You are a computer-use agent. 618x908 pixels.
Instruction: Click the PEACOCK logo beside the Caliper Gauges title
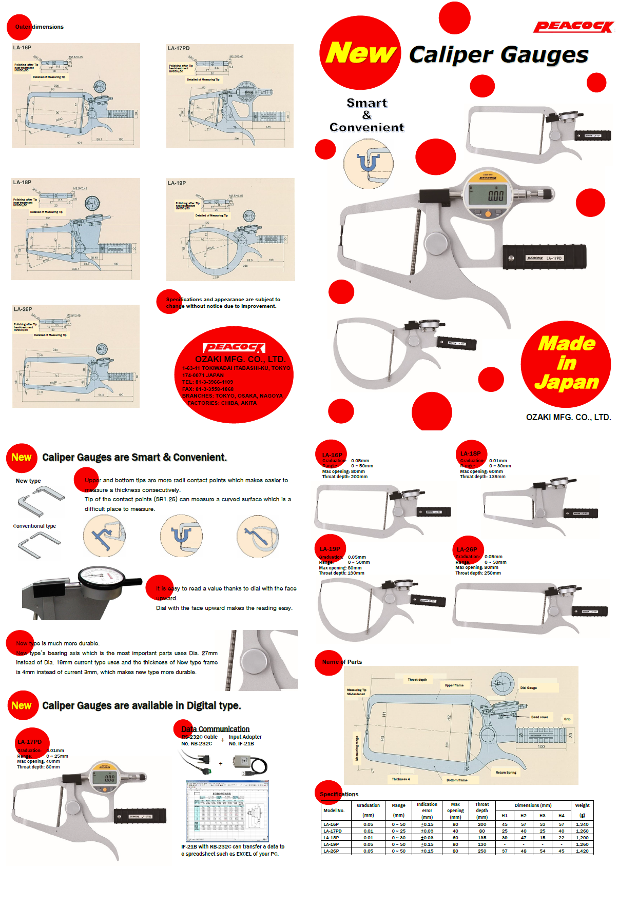tap(573, 27)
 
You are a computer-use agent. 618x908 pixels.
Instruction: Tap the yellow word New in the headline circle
tap(361, 53)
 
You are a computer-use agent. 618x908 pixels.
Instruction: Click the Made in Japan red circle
tap(566, 364)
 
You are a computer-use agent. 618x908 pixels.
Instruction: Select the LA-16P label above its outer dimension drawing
tap(22, 48)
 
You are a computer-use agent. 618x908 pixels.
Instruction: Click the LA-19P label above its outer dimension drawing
tap(177, 183)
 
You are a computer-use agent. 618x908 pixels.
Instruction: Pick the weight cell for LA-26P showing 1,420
tap(582, 851)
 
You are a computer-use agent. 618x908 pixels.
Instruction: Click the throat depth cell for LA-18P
tap(481, 838)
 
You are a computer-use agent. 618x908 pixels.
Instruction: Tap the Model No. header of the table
tap(334, 811)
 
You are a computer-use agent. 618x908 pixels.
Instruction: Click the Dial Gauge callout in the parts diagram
tap(528, 688)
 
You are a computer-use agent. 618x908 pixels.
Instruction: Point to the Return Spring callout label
tap(506, 773)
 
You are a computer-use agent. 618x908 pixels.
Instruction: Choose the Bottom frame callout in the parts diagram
tap(456, 780)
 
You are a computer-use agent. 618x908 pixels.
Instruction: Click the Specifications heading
tap(339, 794)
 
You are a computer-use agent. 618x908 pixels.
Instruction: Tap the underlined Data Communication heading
tap(216, 729)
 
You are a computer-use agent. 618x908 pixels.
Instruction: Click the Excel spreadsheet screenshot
tap(227, 812)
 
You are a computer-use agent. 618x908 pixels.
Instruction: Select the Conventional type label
tap(34, 526)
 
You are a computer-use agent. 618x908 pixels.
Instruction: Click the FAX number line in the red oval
tap(208, 389)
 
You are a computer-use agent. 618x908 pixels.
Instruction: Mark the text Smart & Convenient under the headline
tap(366, 115)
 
